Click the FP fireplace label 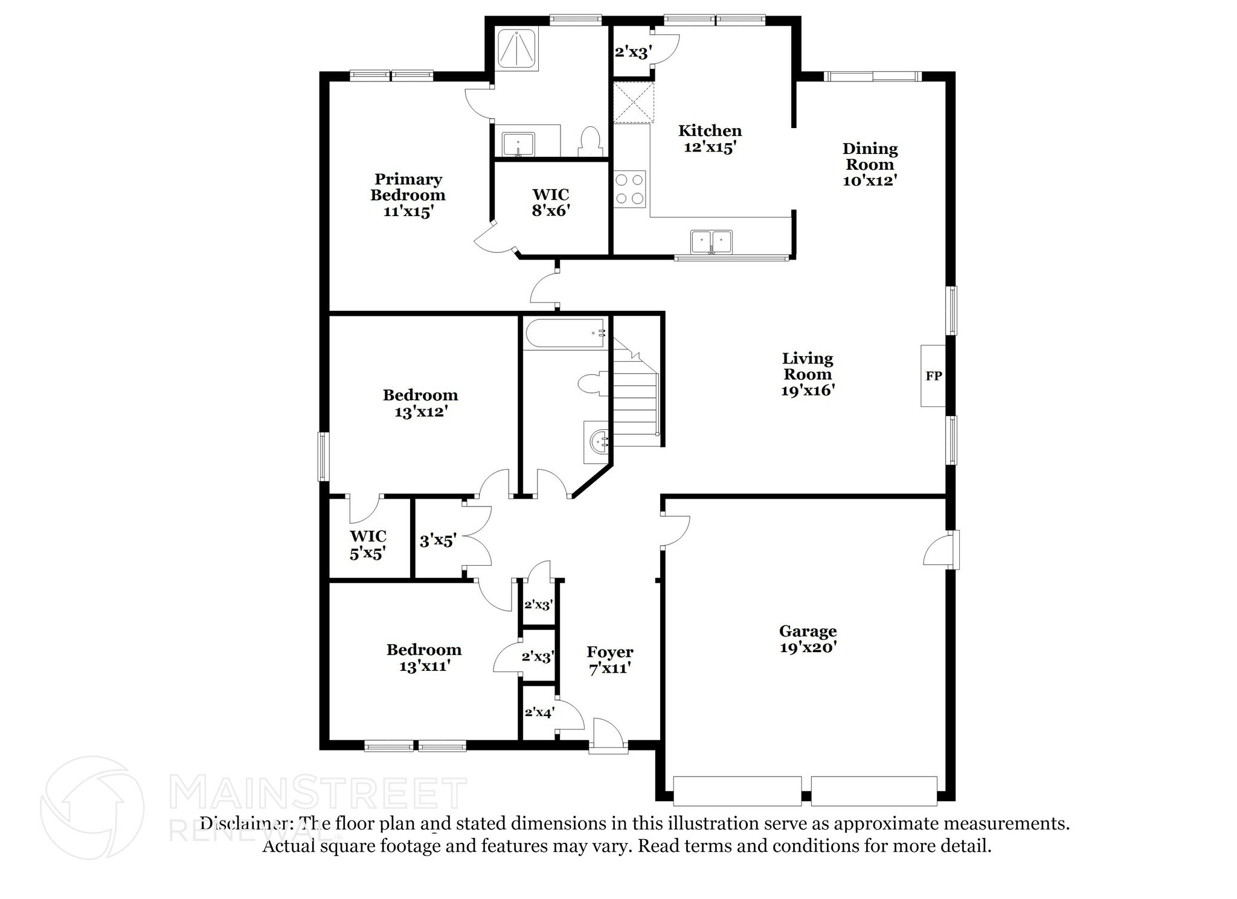(x=933, y=376)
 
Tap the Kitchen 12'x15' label (x=710, y=139)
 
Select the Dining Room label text (x=870, y=156)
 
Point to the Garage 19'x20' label (x=808, y=639)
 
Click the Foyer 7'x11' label (x=610, y=660)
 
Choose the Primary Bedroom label (x=408, y=187)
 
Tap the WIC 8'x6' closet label (x=551, y=202)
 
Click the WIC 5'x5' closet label (x=368, y=545)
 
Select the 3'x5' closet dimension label (x=437, y=540)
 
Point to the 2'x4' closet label (x=539, y=712)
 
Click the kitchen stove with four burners (x=630, y=189)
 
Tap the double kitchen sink (x=712, y=243)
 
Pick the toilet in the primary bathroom (x=590, y=142)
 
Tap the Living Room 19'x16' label (x=808, y=374)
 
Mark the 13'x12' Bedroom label (x=420, y=403)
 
